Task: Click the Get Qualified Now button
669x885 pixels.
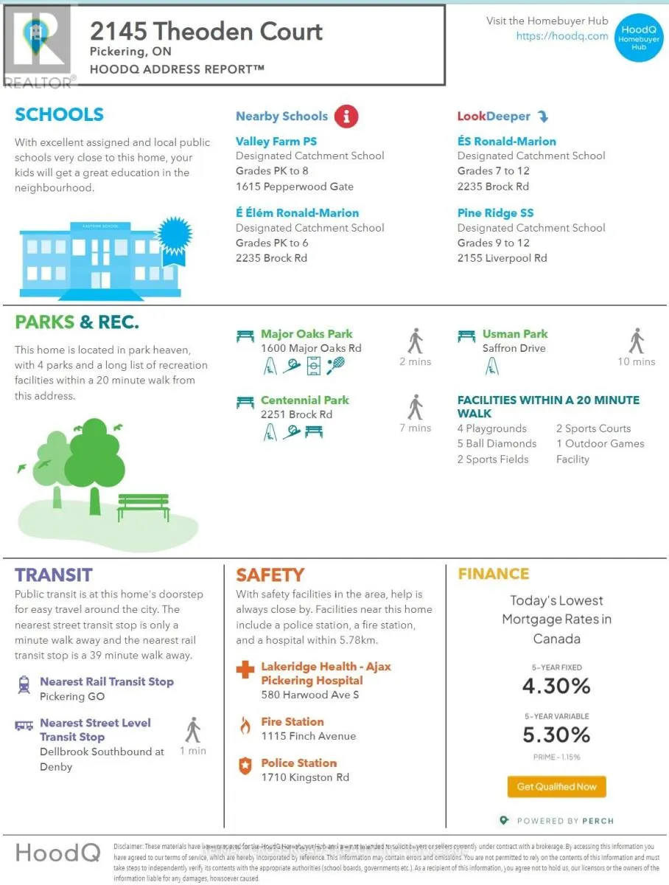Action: [556, 786]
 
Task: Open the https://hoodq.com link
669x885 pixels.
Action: [562, 35]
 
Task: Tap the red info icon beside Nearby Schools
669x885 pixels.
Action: [346, 116]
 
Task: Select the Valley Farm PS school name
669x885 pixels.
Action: [276, 141]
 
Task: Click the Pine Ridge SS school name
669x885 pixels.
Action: [495, 212]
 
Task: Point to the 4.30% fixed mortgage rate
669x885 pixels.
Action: [556, 686]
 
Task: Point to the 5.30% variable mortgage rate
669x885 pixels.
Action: [556, 735]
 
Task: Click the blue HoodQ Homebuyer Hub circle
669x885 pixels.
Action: [638, 37]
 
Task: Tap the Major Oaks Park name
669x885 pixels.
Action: [307, 334]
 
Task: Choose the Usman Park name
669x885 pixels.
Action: [515, 334]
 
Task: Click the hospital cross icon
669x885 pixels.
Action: [245, 670]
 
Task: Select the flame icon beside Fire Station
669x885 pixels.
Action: [245, 726]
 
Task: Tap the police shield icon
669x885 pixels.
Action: [245, 766]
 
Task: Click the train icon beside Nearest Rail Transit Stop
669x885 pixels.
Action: [24, 684]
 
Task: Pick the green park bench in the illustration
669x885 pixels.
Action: [143, 505]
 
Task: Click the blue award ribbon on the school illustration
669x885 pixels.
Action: [175, 237]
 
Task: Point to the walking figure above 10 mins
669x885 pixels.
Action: [637, 341]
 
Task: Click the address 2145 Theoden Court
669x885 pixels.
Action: [206, 32]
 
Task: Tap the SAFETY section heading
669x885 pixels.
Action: [270, 575]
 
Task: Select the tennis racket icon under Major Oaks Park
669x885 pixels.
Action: [335, 364]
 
